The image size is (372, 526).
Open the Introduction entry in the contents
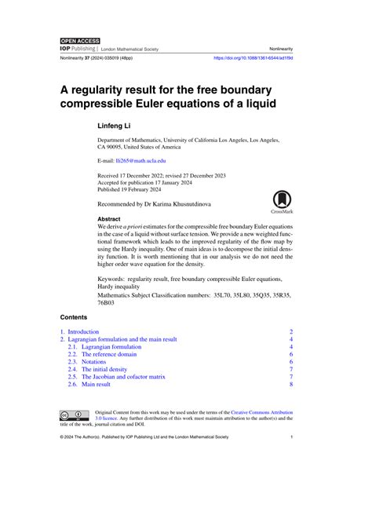click(x=83, y=332)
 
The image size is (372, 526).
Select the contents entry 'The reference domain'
click(x=109, y=354)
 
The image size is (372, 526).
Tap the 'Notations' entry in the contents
click(x=97, y=361)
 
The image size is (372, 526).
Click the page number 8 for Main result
click(x=290, y=384)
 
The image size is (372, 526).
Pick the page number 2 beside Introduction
click(x=290, y=332)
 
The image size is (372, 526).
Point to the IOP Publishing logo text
click(x=78, y=49)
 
